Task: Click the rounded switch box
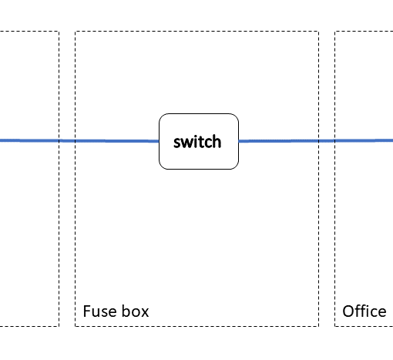(x=199, y=141)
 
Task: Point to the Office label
(x=364, y=311)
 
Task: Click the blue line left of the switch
(x=79, y=141)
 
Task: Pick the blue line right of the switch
(x=316, y=140)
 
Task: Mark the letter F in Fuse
(x=87, y=311)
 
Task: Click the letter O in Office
(x=348, y=311)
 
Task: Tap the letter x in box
(x=145, y=313)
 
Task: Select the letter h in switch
(x=217, y=141)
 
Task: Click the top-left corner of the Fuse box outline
(x=75, y=32)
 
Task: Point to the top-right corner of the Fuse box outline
(x=319, y=32)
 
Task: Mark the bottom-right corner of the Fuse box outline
(x=319, y=326)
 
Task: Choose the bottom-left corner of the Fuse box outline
(x=75, y=326)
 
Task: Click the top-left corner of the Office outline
(x=334, y=32)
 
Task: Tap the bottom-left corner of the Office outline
(x=334, y=326)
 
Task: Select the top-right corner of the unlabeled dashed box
(x=59, y=32)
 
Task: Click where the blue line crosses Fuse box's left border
(x=75, y=141)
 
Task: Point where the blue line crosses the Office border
(x=334, y=140)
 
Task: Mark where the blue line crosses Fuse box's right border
(x=319, y=141)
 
